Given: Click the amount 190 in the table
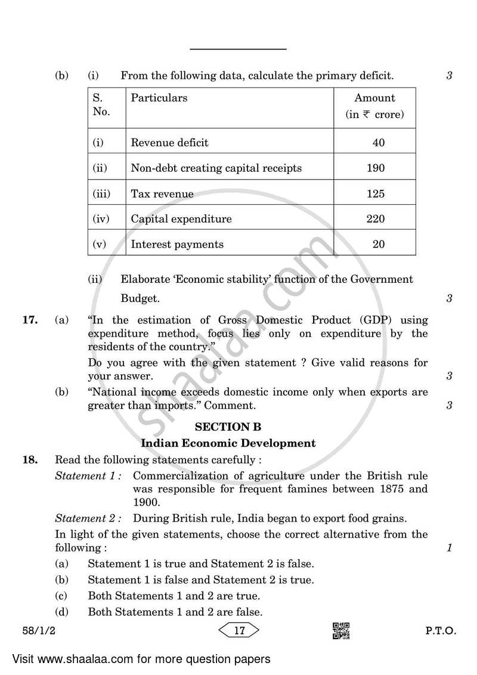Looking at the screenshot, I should point(375,168).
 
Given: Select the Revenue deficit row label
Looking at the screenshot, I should point(169,143).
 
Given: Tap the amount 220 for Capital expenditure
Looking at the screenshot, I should point(375,219).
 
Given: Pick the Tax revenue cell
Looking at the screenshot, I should point(162,194).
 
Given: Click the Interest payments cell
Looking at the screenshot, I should point(177,244).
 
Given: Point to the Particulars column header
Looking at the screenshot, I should point(159,98).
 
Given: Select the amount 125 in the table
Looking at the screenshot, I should point(375,194).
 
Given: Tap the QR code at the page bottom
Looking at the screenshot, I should point(340,631).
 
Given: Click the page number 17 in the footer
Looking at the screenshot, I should point(240,630).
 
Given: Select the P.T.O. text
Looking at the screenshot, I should point(440,631).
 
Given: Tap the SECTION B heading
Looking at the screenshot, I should point(228,427).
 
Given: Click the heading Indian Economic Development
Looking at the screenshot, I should point(228,443).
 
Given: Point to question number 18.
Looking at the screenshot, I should point(30,460).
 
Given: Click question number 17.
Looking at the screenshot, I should point(30,320).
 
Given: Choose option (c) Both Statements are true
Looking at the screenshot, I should point(174,596).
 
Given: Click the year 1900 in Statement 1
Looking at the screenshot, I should point(146,502).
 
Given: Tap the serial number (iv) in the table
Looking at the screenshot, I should point(101,219).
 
